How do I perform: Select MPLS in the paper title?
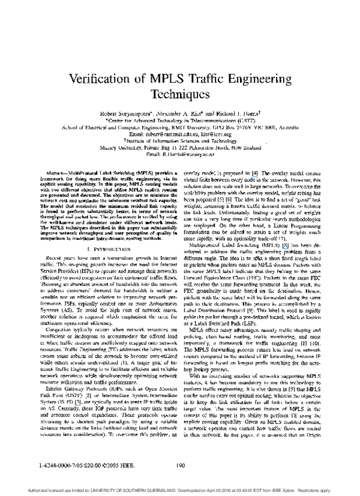pos(163,79)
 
